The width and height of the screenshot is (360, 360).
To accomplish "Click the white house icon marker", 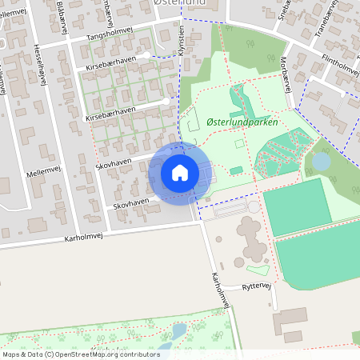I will pyautogui.click(x=179, y=173).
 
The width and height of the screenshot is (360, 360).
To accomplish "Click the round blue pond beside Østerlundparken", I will pyautogui.click(x=320, y=162).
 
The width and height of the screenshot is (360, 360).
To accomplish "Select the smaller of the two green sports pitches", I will pyautogui.click(x=296, y=206).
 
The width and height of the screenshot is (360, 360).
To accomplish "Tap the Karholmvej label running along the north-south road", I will pyautogui.click(x=221, y=290).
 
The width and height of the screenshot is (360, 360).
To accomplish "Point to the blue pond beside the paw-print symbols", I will pyautogui.click(x=179, y=330).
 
